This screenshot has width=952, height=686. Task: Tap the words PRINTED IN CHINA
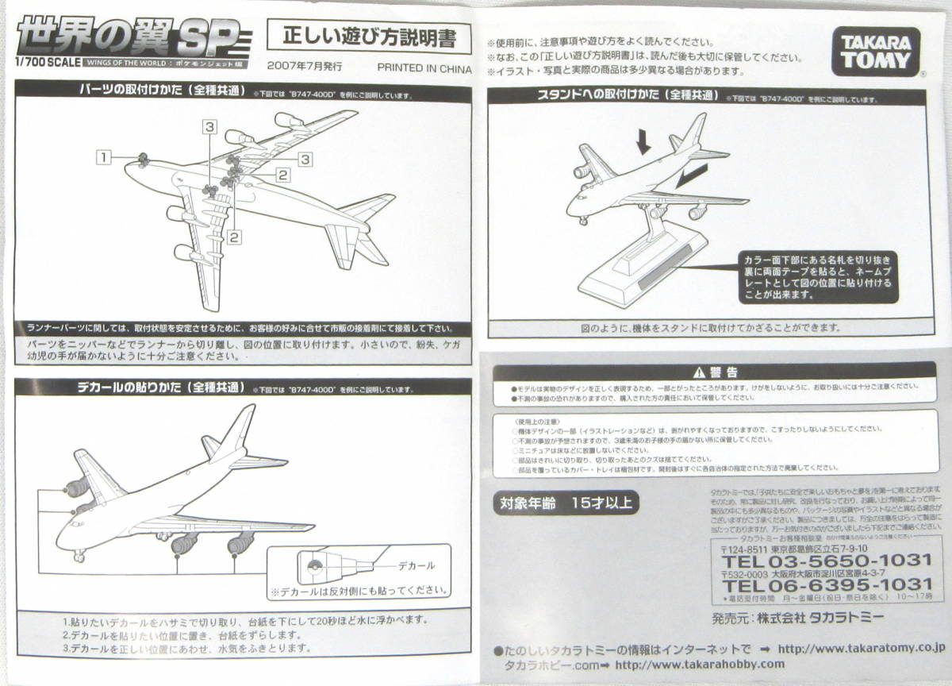[x=424, y=69]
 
